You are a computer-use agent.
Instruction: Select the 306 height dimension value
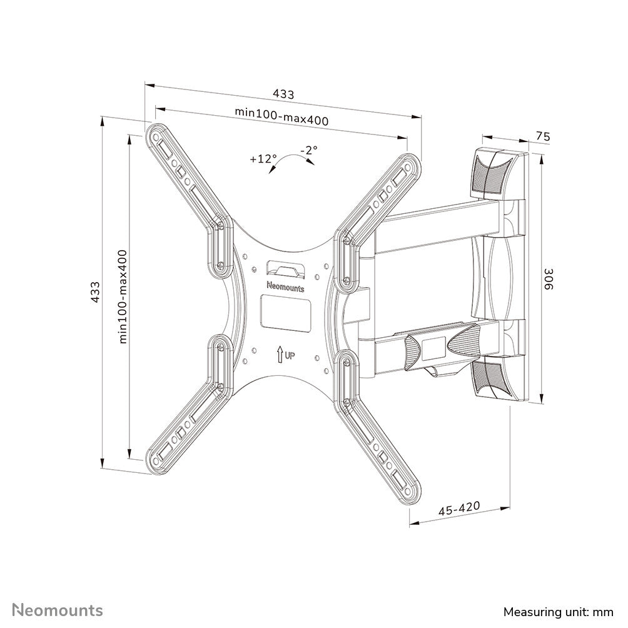548,278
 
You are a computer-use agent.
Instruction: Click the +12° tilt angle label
263,158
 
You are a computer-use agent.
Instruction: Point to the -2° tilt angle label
308,150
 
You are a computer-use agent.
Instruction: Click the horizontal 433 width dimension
283,94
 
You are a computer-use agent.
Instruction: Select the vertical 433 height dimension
95,292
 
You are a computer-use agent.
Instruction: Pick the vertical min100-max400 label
123,296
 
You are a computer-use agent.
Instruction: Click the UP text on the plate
290,357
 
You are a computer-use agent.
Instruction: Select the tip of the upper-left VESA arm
156,134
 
